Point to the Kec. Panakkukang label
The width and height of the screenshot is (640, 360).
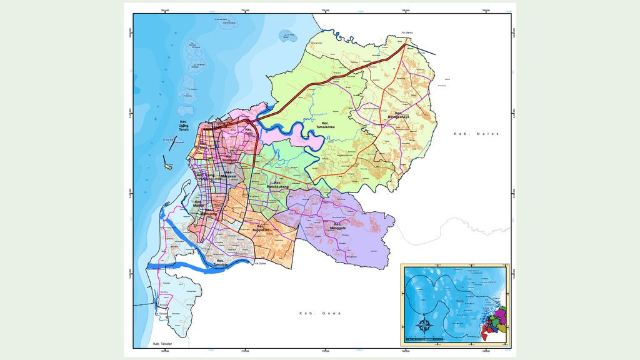pyautogui.click(x=277, y=185)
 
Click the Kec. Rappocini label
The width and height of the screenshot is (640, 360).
pyautogui.click(x=261, y=228)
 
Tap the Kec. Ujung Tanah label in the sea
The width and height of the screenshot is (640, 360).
pyautogui.click(x=184, y=125)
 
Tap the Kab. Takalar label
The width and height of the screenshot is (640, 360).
pyautogui.click(x=161, y=344)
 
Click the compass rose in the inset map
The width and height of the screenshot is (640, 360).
pyautogui.click(x=423, y=325)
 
